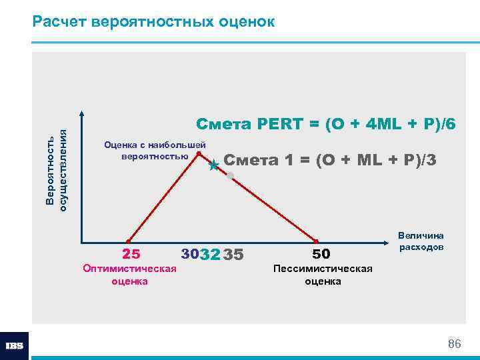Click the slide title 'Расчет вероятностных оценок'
pyautogui.click(x=153, y=21)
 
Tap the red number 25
pyautogui.click(x=131, y=254)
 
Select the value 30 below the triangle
pyautogui.click(x=190, y=254)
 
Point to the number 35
pyautogui.click(x=234, y=255)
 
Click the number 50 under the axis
pyautogui.click(x=321, y=254)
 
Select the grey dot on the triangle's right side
pyautogui.click(x=230, y=176)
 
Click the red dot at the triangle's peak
pyautogui.click(x=199, y=153)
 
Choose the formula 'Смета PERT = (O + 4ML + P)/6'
pyautogui.click(x=326, y=125)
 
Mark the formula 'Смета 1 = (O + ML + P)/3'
pyautogui.click(x=330, y=160)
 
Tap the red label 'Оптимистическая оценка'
pyautogui.click(x=129, y=275)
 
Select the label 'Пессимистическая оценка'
pyautogui.click(x=323, y=275)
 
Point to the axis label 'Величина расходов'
pyautogui.click(x=421, y=241)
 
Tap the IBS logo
pyautogui.click(x=14, y=346)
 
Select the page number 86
pyautogui.click(x=454, y=344)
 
